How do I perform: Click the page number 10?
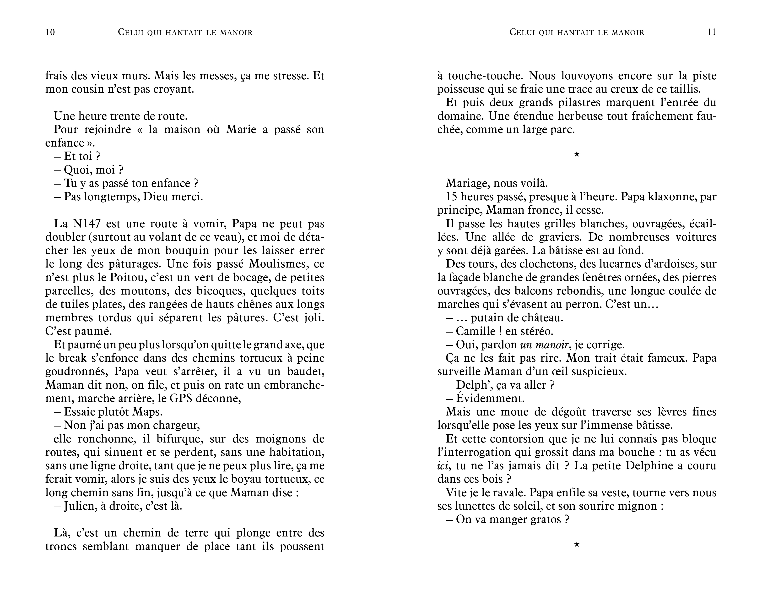pyautogui.click(x=50, y=32)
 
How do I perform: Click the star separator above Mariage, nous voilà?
pyautogui.click(x=576, y=154)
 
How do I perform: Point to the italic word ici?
pyautogui.click(x=443, y=466)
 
